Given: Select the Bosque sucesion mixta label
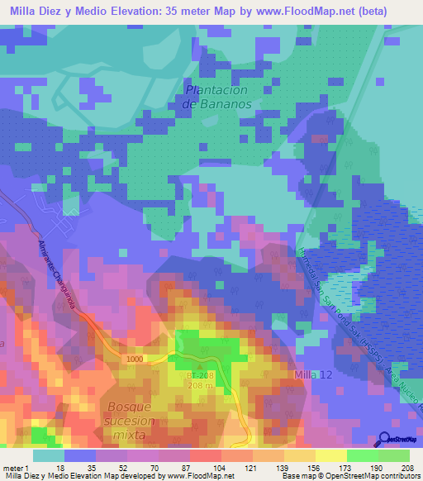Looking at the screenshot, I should pos(126,420).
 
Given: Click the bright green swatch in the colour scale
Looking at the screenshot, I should pos(362,455).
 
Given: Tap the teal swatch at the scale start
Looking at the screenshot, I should pos(48,455).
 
